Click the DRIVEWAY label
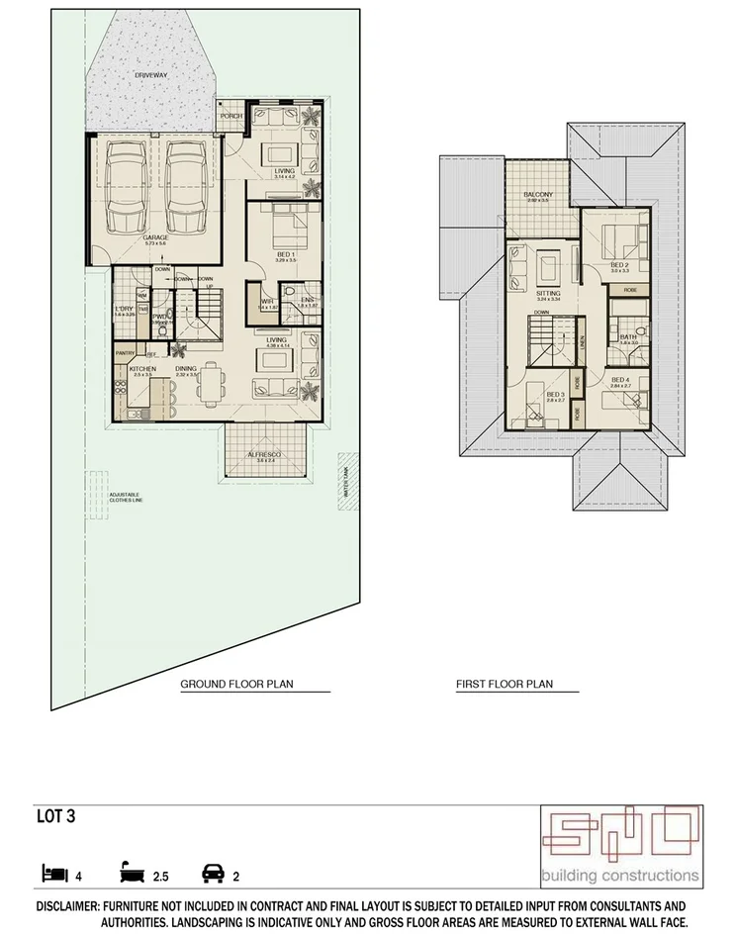151,74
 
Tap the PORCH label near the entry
230,116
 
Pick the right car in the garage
185,185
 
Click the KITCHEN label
143,369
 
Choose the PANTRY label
125,352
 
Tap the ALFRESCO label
264,454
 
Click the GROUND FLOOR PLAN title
236,684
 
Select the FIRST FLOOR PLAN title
504,684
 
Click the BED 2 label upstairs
619,265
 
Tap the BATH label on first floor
628,337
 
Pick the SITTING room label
547,294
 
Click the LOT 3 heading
54,817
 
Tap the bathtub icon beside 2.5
133,874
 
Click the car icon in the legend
212,874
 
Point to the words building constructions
620,875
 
